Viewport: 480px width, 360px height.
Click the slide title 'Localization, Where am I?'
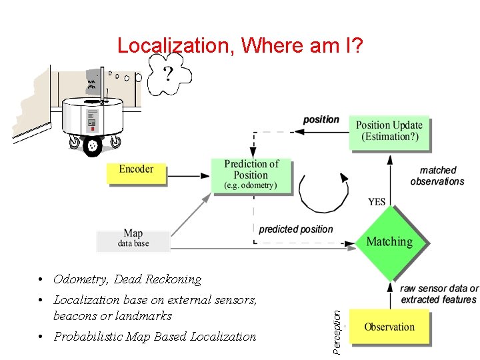point(239,45)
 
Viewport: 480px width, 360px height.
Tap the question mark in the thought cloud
point(168,73)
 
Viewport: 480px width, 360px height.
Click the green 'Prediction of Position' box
point(251,175)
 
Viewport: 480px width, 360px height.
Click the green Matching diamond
point(389,242)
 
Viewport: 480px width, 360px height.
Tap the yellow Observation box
point(389,327)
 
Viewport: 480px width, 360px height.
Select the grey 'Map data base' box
point(133,239)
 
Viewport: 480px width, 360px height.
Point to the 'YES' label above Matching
point(377,201)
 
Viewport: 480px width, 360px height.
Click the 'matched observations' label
point(437,176)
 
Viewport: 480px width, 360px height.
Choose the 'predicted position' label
point(295,229)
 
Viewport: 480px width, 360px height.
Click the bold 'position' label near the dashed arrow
point(321,119)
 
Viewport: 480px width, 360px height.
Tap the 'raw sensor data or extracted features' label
point(439,294)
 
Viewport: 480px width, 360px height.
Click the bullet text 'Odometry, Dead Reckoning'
point(127,279)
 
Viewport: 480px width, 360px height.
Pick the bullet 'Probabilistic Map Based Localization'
point(155,337)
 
